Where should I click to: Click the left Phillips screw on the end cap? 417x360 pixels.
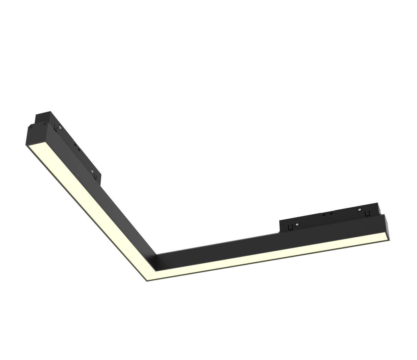(30, 127)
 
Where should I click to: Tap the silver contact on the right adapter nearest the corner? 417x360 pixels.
(297, 224)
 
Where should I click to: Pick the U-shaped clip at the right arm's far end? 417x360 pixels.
(367, 213)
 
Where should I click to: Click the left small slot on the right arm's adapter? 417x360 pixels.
(325, 214)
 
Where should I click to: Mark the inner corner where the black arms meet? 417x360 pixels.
(157, 255)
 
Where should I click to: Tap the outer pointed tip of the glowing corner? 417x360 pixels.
(147, 280)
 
